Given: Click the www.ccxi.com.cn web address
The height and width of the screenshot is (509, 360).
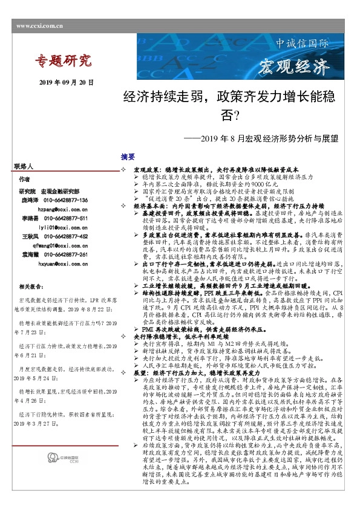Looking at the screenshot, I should click(x=39, y=26).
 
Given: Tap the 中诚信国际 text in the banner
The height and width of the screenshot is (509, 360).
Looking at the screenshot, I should click(x=303, y=44).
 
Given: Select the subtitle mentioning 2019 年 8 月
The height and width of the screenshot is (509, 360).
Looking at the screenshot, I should click(x=270, y=138).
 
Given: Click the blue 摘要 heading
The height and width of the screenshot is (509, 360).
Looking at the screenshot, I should click(x=128, y=156).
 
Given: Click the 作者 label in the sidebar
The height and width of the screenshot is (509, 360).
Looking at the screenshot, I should click(x=24, y=180).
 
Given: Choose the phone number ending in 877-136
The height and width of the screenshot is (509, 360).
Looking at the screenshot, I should click(x=64, y=199).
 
